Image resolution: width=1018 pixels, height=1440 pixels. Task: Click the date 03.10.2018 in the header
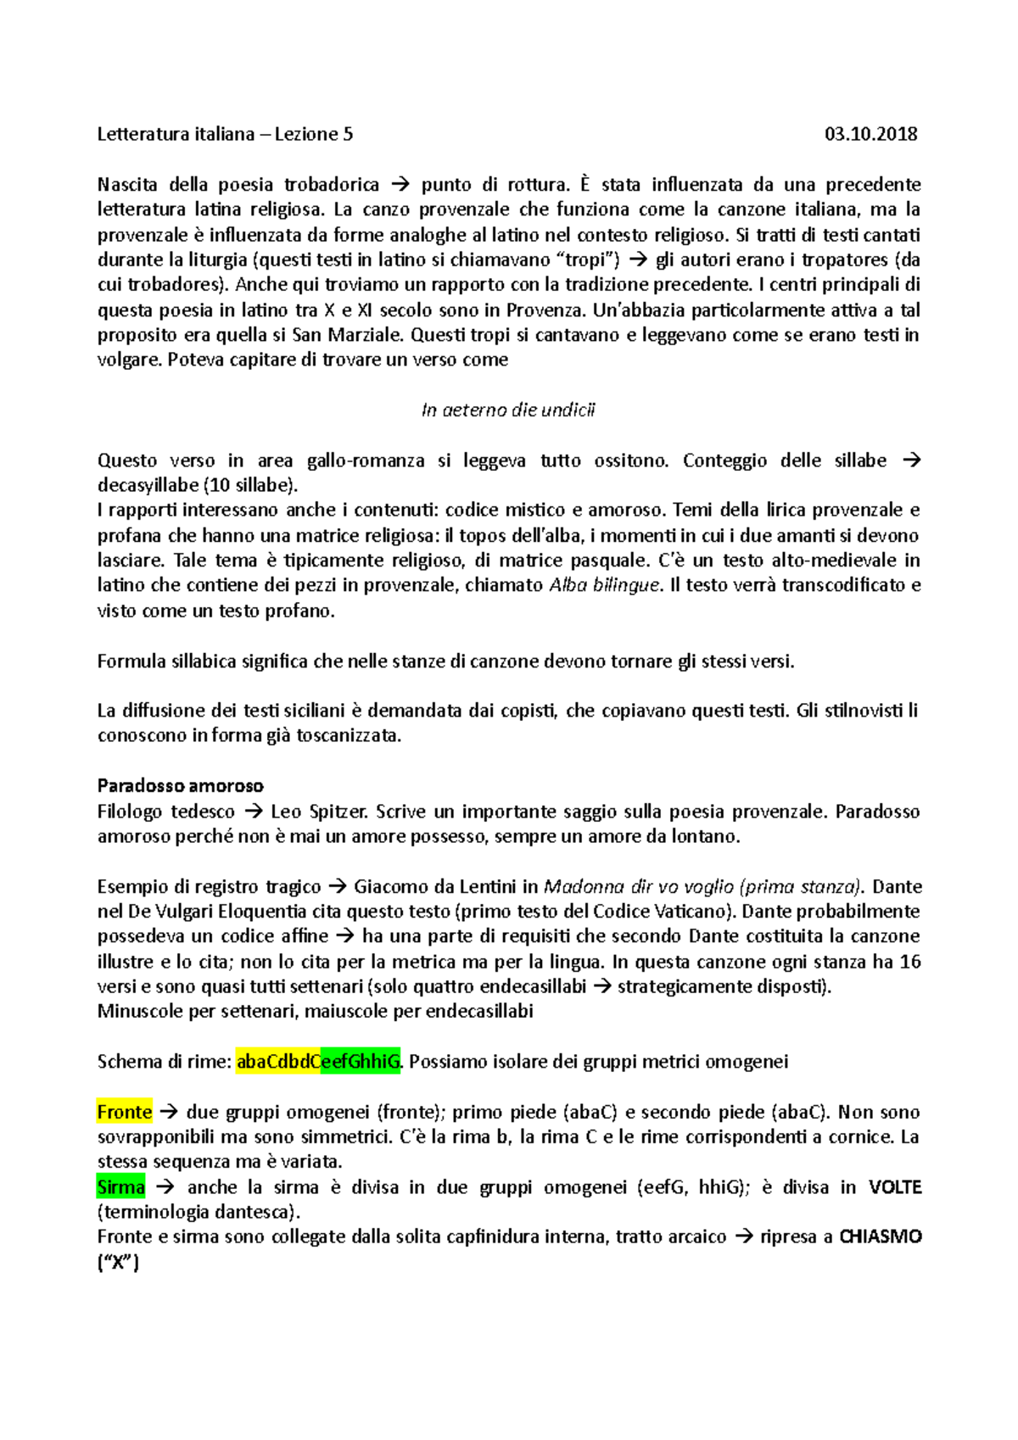click(x=870, y=134)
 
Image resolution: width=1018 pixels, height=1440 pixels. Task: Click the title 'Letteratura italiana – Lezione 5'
click(x=225, y=134)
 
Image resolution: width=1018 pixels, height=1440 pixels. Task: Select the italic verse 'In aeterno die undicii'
click(x=508, y=410)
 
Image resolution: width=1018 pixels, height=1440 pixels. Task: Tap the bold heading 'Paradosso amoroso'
click(x=180, y=785)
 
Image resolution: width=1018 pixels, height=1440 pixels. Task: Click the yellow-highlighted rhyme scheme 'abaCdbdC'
click(x=277, y=1062)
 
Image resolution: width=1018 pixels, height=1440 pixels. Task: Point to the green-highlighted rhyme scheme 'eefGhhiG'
click(x=360, y=1062)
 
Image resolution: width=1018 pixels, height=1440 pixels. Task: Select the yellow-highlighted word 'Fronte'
click(x=125, y=1112)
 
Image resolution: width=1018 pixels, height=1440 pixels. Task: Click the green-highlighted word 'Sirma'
click(x=121, y=1187)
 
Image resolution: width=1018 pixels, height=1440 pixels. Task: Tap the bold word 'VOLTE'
click(x=894, y=1187)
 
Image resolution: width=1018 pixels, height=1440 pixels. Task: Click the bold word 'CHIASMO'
click(x=880, y=1236)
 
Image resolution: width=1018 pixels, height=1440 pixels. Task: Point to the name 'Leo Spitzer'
click(x=319, y=812)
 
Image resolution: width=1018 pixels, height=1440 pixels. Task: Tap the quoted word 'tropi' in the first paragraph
click(x=586, y=260)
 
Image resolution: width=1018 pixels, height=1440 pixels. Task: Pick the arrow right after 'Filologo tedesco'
click(x=253, y=812)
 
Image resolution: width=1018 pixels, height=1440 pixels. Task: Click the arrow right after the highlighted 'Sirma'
click(x=165, y=1187)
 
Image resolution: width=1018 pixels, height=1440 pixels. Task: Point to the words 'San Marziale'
click(x=348, y=335)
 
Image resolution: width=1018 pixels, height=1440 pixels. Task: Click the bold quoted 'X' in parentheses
click(x=119, y=1262)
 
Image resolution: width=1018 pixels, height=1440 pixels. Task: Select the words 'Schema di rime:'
click(x=164, y=1062)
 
